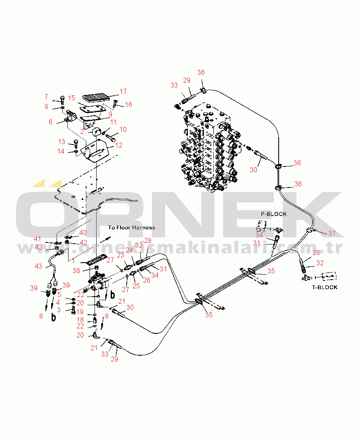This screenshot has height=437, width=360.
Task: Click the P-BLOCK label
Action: [x=274, y=214]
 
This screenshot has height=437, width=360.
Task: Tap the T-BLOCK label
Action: [x=324, y=287]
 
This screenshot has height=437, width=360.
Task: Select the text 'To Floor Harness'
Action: [x=132, y=228]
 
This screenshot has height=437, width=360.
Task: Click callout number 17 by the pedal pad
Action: [x=123, y=91]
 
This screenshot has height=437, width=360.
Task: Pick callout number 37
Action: [x=332, y=233]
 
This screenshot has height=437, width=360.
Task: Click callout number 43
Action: [x=38, y=266]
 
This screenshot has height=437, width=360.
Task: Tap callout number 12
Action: [x=118, y=145]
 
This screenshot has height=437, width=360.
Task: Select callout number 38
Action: [x=76, y=271]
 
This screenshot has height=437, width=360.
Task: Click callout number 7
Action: [x=46, y=97]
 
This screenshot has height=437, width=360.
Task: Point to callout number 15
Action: [x=71, y=98]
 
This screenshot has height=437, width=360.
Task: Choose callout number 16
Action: [x=128, y=104]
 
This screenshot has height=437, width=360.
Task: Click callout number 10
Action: [x=123, y=129]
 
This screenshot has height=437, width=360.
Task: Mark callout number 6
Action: [x=50, y=122]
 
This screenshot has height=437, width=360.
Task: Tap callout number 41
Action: [x=37, y=239]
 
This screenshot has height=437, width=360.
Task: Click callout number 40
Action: [x=83, y=233]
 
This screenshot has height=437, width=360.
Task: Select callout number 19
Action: [x=80, y=312]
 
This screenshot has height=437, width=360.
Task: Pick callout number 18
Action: [x=80, y=320]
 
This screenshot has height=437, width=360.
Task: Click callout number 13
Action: [x=62, y=142]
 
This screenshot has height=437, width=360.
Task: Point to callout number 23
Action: [x=121, y=255]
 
